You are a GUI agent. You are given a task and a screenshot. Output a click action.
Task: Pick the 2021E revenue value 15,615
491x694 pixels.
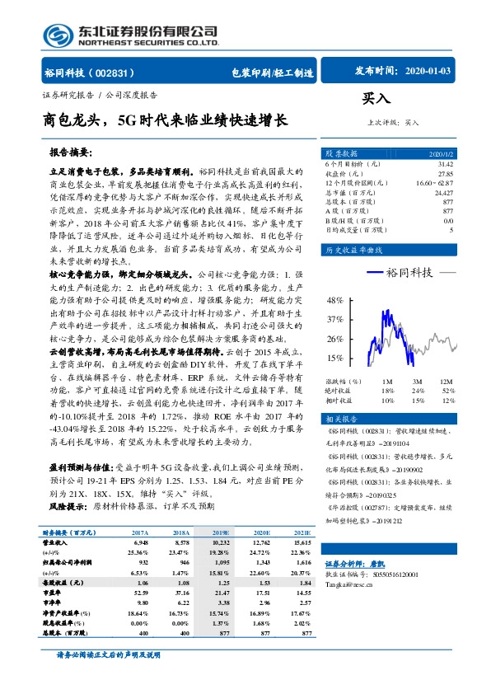pyautogui.click(x=300, y=542)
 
